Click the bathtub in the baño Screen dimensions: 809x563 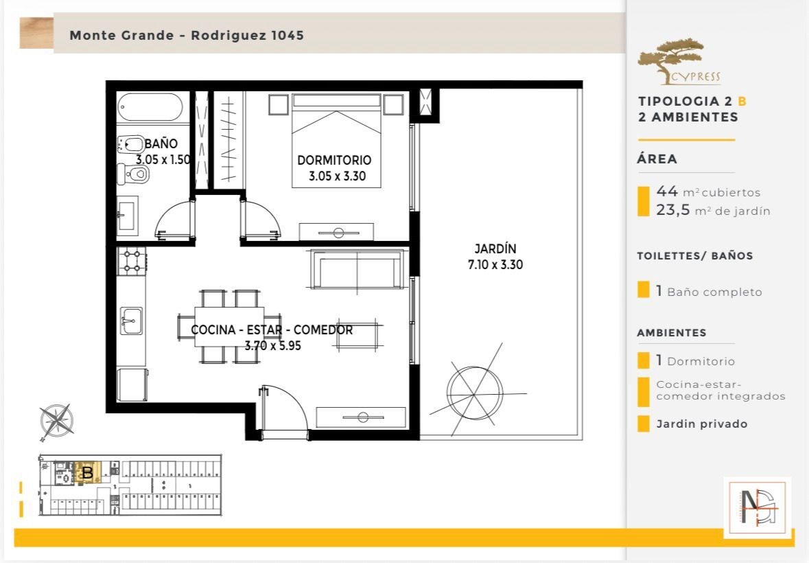[x=150, y=107]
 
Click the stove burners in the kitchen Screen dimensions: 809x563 [x=132, y=261]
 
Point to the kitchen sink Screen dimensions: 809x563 [x=131, y=321]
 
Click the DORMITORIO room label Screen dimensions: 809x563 [x=334, y=160]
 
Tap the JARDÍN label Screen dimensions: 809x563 [x=495, y=249]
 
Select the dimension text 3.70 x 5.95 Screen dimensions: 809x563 [x=272, y=346]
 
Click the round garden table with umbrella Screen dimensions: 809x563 [x=474, y=394]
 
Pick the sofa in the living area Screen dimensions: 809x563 [x=357, y=268]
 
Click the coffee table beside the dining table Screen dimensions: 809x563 [x=357, y=334]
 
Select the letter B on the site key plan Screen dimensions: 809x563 [x=88, y=472]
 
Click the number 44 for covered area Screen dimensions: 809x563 [x=667, y=191]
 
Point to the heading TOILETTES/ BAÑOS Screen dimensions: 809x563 [x=695, y=255]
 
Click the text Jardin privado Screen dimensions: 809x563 [x=702, y=424]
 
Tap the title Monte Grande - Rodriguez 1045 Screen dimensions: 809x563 [x=187, y=35]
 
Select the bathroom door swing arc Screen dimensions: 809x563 [x=174, y=219]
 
